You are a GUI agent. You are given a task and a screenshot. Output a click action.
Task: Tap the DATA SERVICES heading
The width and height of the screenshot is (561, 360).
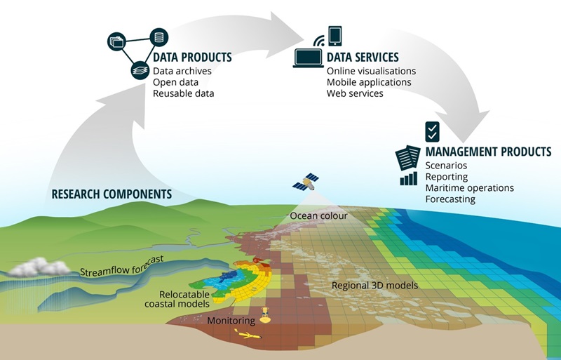(x=363, y=58)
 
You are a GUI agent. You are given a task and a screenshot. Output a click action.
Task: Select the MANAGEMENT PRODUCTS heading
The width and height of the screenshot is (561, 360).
(x=488, y=152)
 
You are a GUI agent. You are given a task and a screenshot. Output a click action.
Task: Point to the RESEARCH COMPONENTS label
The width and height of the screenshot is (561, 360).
(x=111, y=194)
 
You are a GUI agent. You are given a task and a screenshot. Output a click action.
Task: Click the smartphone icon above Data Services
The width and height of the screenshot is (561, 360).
(x=334, y=35)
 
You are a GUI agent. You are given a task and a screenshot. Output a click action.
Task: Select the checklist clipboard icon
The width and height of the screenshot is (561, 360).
(x=433, y=131)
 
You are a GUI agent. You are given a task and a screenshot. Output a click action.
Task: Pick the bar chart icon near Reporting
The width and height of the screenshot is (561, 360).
(x=409, y=179)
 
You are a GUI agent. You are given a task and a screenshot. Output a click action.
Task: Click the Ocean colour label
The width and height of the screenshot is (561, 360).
(x=319, y=215)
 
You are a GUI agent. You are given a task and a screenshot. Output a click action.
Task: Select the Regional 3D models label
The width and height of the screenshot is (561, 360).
(x=374, y=286)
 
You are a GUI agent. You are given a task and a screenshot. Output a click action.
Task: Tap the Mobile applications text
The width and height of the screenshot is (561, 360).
(x=369, y=82)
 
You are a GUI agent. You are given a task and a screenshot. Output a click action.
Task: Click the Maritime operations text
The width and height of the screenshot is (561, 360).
(x=469, y=188)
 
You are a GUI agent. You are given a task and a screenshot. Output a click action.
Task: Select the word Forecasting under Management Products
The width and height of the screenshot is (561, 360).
(x=450, y=199)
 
